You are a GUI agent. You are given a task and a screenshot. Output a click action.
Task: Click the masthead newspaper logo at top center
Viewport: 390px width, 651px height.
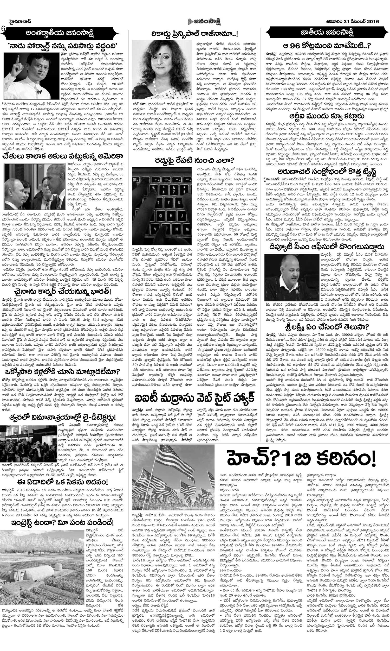(x=195, y=22)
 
